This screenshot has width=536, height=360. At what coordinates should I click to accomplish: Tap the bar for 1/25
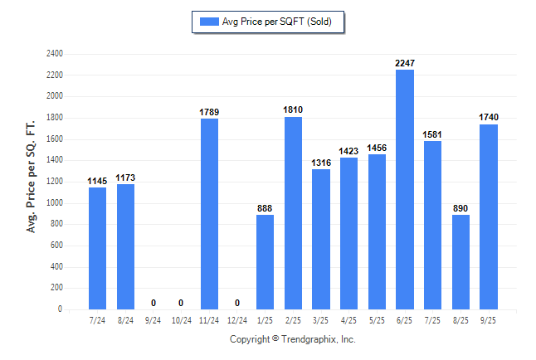pos(266,262)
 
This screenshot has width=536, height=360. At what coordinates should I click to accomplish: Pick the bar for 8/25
pos(460,262)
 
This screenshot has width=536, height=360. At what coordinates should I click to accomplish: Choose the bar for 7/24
pos(97,248)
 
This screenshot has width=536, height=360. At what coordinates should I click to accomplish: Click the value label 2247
pos(405,63)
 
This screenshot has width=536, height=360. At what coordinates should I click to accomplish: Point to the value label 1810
pos(293,110)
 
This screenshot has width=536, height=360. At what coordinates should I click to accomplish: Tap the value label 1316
pos(321,163)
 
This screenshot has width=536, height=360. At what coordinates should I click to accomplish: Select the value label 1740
pos(489,118)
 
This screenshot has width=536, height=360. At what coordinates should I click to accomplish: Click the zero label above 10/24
pos(181,303)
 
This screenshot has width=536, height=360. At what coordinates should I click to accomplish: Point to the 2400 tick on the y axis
pos(55,54)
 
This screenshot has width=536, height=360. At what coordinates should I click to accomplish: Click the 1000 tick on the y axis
pos(55,203)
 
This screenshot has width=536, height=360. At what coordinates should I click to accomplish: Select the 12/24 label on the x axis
pos(237,319)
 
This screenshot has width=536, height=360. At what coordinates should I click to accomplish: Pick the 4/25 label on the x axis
pos(349,319)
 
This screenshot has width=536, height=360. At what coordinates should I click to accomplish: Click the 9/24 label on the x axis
pos(153,319)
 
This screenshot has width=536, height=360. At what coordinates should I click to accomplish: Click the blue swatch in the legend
pos(209,22)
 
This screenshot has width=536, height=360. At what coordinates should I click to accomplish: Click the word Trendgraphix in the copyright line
pos(309,339)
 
